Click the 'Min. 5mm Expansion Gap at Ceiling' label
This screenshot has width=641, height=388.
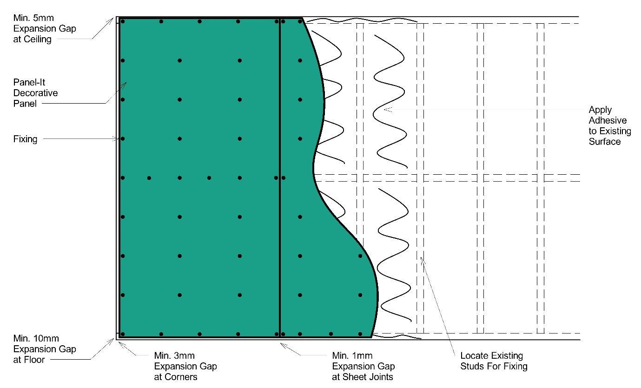coord(44,29)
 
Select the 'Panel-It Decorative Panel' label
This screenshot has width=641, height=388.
coord(35,93)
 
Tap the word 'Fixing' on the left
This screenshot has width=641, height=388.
coord(25,139)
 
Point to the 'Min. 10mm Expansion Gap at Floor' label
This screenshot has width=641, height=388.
coord(44,349)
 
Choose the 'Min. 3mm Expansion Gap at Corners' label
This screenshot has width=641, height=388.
coord(185,366)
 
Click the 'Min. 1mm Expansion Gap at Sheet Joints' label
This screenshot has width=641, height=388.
coord(363,366)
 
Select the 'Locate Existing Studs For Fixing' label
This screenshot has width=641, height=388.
coord(494,361)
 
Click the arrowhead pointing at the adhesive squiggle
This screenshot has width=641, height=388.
coord(386,110)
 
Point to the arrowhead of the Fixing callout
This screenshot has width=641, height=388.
coord(118,138)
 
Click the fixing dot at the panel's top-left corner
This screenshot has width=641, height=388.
coord(123,21)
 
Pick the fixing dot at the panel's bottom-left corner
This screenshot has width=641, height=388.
coord(123,334)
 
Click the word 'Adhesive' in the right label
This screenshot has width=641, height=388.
coord(608,121)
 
